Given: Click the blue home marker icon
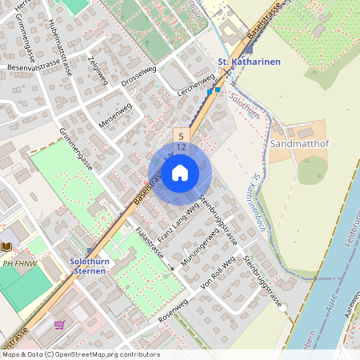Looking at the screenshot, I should pos(180,172).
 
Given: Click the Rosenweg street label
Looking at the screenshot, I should pos(176,311).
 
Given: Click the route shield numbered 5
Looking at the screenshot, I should pos(182,135).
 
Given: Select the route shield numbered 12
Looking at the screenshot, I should pos(182,147).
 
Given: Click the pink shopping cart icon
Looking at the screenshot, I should pos(59,325).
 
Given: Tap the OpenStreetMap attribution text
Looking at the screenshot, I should pos(81,354).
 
